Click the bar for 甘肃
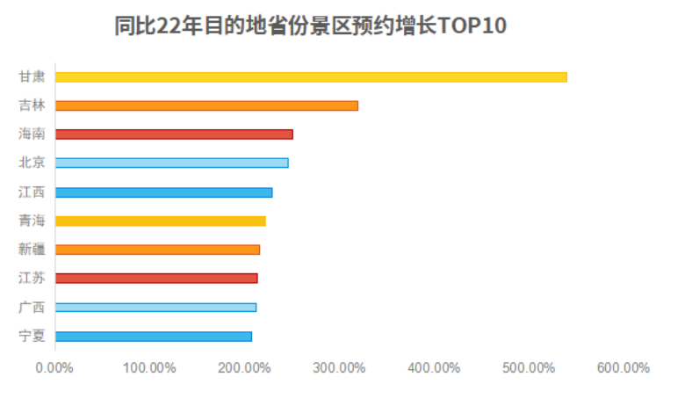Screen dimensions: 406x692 (x=311, y=76)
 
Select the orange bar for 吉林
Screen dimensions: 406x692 (x=206, y=105)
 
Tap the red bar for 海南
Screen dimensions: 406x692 (x=174, y=134)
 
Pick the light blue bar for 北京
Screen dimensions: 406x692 (x=171, y=163)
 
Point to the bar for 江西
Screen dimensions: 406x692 (x=163, y=192)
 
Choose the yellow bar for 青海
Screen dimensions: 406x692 (x=160, y=221)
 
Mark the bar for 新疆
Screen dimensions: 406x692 (x=157, y=250)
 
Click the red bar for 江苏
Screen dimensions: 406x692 (x=156, y=278)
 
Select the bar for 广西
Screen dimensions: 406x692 (x=155, y=307)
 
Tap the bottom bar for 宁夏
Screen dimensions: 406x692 (x=153, y=336)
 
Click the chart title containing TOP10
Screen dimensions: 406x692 (x=311, y=26)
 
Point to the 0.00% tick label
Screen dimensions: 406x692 (x=54, y=367)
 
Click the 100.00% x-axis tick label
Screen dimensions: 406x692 (x=149, y=367)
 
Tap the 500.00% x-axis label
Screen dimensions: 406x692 (x=529, y=367)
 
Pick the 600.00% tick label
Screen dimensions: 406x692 (x=623, y=367)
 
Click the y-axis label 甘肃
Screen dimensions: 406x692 (x=32, y=76)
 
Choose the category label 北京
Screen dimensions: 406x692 (x=32, y=163)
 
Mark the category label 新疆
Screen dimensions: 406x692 (x=32, y=250)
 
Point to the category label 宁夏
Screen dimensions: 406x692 (x=32, y=336)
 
